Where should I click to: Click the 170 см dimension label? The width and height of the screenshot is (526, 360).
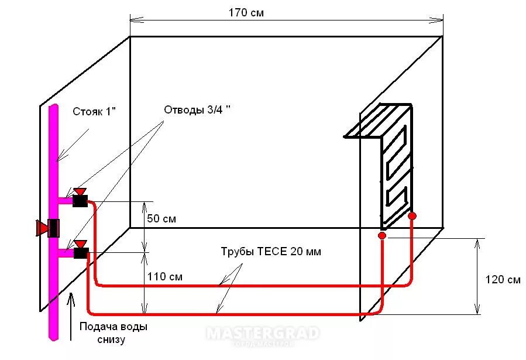pyautogui.click(x=246, y=12)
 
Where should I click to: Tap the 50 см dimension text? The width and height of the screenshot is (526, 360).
pyautogui.click(x=161, y=219)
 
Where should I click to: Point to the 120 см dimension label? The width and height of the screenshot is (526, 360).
pyautogui.click(x=503, y=279)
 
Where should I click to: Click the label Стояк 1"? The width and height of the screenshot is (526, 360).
pyautogui.click(x=95, y=111)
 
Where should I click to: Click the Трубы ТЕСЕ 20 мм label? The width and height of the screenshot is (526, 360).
pyautogui.click(x=271, y=252)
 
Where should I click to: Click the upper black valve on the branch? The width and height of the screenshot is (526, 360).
pyautogui.click(x=80, y=201)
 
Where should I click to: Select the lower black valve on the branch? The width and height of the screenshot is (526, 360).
pyautogui.click(x=81, y=253)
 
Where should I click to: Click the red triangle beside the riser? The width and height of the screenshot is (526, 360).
pyautogui.click(x=42, y=228)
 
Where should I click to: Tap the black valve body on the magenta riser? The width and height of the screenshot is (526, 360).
pyautogui.click(x=54, y=228)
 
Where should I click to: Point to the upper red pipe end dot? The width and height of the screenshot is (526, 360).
pyautogui.click(x=412, y=216)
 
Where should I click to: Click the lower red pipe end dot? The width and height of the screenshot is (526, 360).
pyautogui.click(x=382, y=235)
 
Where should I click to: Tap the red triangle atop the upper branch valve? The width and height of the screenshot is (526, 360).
pyautogui.click(x=80, y=191)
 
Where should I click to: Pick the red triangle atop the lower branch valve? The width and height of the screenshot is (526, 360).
pyautogui.click(x=80, y=243)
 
